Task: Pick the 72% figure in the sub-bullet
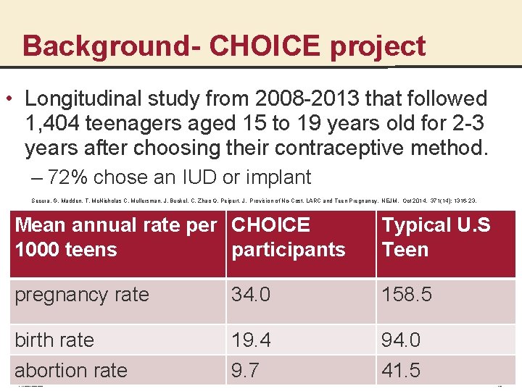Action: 71,177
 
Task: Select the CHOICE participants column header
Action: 288,237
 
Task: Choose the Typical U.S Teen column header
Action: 436,237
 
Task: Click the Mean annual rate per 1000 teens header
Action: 116,237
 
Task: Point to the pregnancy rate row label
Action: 82,295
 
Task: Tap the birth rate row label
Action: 54,340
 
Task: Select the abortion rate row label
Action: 71,371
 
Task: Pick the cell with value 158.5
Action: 407,295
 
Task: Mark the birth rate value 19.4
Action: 251,340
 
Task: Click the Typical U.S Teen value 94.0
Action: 401,340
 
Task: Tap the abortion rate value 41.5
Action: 401,371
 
